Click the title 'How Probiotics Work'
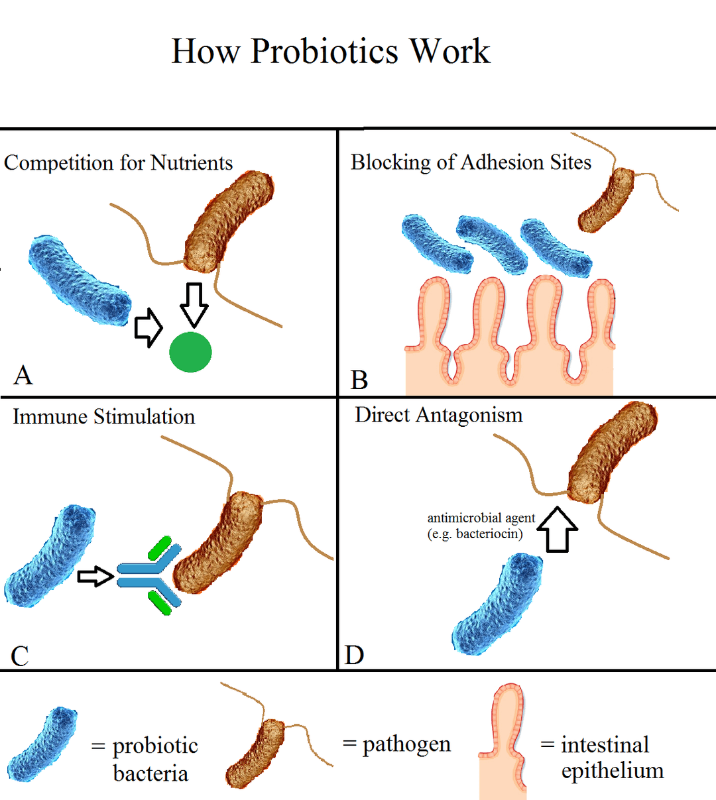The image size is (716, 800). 330,52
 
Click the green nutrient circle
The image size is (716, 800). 190,352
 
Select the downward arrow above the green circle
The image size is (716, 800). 194,304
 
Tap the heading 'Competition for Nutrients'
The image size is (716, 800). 119,163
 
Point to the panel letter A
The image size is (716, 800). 23,375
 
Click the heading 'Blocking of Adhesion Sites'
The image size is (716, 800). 471,162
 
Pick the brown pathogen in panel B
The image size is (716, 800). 607,200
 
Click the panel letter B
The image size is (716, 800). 359,380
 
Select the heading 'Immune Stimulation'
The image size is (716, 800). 104,417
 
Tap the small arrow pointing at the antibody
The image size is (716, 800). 95,576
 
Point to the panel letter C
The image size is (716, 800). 20,656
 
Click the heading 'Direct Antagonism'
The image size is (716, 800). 439,416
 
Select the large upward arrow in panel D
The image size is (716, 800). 556,530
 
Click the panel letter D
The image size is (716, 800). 355,655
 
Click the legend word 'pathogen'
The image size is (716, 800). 406,744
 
